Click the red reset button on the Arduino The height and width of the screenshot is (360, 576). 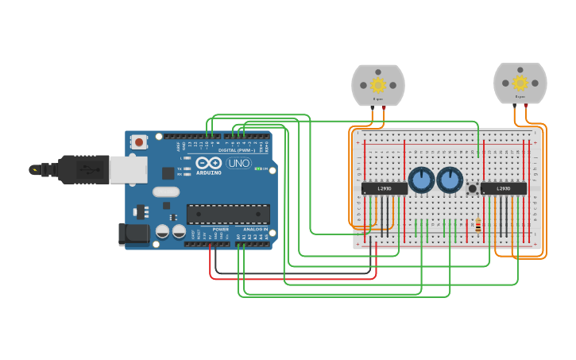tap(140, 142)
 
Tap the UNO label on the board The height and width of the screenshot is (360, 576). tap(238, 163)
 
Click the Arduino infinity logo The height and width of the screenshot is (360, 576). tap(209, 163)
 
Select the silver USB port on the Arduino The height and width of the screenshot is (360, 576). tap(128, 169)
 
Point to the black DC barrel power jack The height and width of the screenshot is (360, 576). tap(133, 234)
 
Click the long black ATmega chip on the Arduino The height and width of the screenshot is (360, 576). tap(228, 214)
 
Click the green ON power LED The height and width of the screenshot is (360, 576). tap(257, 168)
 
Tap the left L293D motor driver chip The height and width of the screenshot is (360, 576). tap(385, 188)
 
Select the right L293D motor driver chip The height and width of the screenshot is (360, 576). tap(503, 188)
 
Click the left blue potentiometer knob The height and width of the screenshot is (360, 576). tap(421, 180)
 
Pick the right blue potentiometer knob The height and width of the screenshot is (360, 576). tap(450, 180)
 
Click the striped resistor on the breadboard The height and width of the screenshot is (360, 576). tap(477, 226)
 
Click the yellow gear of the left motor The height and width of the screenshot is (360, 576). tap(378, 84)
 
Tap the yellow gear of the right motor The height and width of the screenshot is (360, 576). tap(520, 83)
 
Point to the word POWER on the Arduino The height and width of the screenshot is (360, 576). tap(220, 229)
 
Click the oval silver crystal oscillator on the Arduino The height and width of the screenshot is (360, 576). tap(166, 192)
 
